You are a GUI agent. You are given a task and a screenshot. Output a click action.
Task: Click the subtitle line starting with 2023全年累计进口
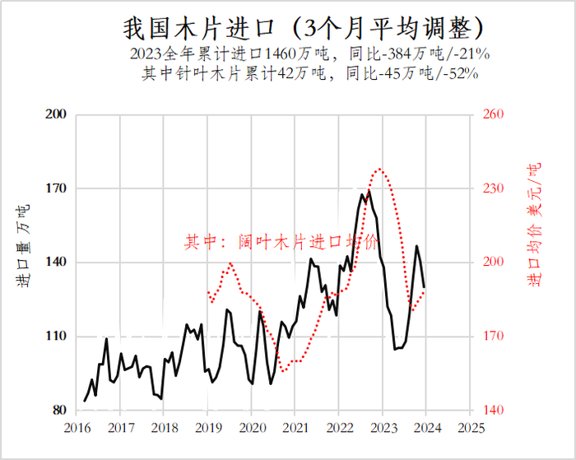click(310, 55)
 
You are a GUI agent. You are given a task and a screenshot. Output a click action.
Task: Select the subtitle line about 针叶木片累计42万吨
click(310, 72)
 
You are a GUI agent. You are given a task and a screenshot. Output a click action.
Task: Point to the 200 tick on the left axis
click(55, 114)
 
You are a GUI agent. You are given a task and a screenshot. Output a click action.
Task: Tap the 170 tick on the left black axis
click(55, 188)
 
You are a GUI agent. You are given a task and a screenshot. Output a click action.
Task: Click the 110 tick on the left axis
click(55, 337)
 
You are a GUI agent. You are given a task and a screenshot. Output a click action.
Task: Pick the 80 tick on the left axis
click(58, 411)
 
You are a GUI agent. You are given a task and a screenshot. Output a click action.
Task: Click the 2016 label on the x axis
click(77, 428)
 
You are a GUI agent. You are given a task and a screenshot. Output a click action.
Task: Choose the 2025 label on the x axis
click(470, 428)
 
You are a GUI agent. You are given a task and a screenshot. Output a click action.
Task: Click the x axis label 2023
click(383, 428)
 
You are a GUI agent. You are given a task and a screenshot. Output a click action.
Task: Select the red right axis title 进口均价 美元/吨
click(535, 225)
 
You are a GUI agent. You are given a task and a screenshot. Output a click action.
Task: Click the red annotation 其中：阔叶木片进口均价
click(281, 242)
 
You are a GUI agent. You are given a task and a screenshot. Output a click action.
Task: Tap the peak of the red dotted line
click(379, 169)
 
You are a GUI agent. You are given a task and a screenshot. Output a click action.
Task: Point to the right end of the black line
click(425, 287)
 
